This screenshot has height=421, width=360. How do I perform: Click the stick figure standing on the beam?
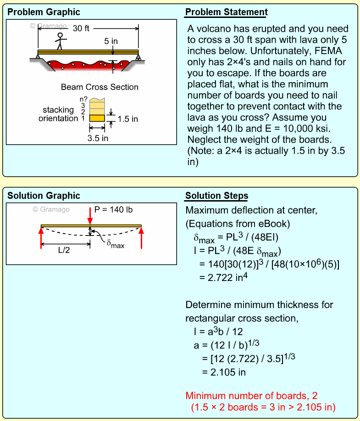60,41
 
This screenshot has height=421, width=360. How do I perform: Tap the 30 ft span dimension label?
81,28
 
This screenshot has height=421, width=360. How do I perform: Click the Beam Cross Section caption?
100,87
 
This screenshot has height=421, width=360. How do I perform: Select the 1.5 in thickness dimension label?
127,119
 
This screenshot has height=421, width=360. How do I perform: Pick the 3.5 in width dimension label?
98,138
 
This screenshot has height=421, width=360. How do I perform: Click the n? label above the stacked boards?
83,99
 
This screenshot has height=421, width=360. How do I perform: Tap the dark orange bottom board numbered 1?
97,118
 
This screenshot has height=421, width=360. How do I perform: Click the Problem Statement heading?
226,12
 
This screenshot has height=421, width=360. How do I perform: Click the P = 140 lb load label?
114,209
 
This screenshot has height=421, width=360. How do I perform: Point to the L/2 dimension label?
64,251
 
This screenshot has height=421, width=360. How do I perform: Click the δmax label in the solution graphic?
115,245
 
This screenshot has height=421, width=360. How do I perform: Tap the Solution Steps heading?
216,196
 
